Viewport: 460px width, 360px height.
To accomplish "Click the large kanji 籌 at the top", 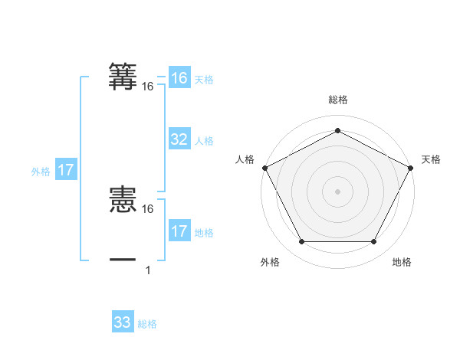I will coord(123,77).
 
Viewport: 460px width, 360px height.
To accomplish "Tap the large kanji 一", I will coord(123,260).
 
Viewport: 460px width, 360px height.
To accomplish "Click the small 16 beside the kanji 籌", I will coord(148,87).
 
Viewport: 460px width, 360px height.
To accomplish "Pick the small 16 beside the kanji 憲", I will coord(148,208).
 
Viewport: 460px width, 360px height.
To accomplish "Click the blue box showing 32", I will coord(179,139).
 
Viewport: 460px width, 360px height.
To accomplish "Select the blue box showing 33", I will coord(123,322).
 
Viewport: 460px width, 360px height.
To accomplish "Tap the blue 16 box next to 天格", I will coord(179,78).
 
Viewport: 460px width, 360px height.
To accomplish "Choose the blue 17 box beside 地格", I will coord(179,231).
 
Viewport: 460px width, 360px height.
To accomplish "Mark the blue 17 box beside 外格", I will coord(66,170).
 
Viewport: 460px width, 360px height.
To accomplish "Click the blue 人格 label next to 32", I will coord(204,141).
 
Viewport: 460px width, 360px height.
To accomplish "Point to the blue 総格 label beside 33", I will coord(147,324).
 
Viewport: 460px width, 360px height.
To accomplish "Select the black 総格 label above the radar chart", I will coord(337,100).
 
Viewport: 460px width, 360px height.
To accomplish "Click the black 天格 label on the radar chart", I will coord(432,159).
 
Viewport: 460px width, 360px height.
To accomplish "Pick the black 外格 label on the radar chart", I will coord(270,262).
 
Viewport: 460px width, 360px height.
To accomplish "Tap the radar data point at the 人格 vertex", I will coord(264,167).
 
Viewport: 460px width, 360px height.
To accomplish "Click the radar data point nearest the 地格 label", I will coord(374,242).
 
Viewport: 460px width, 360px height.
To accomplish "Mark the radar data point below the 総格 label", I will coord(337,131).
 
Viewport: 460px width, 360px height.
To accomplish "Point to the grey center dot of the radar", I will coord(337,191).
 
